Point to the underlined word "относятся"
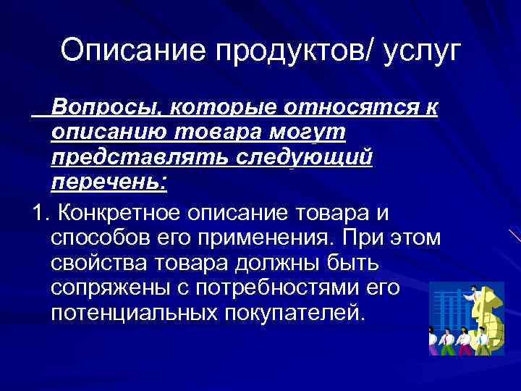pyautogui.click(x=341, y=108)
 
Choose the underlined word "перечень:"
pyautogui.click(x=109, y=182)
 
